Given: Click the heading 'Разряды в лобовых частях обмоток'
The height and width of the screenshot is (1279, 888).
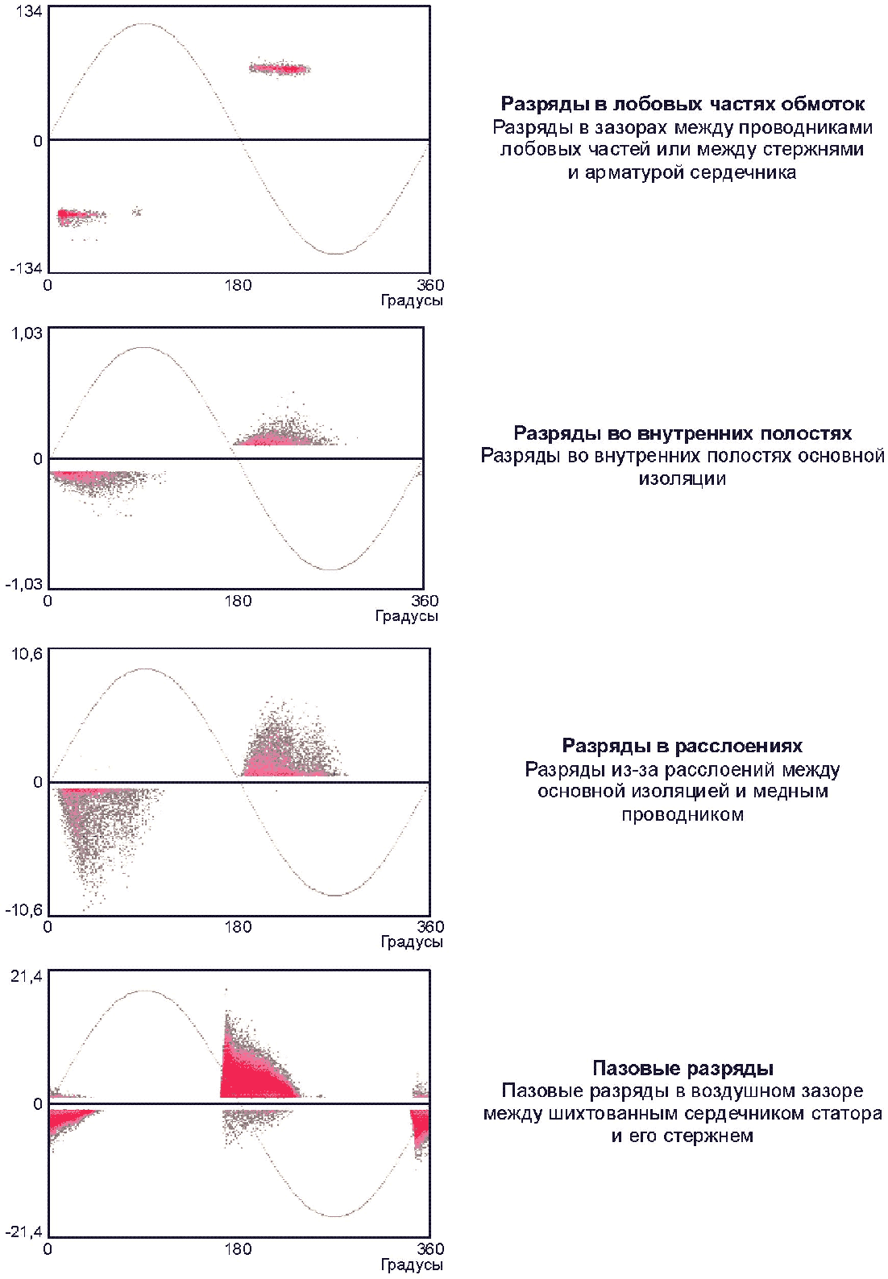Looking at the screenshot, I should tap(683, 104).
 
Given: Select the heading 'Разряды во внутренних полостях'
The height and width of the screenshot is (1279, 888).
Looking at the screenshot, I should tap(683, 434).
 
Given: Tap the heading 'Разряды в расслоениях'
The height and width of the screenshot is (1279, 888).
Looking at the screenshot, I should tap(683, 746).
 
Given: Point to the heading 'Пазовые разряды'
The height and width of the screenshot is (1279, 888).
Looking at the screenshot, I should tap(683, 1069).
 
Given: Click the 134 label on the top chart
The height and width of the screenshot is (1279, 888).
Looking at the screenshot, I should tap(29, 12).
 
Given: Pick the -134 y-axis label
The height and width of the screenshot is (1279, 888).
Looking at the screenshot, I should tap(26, 268).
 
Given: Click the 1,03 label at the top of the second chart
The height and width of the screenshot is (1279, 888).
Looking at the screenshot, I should tap(27, 333).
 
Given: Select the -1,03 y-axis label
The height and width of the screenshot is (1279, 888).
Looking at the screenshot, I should tap(23, 584).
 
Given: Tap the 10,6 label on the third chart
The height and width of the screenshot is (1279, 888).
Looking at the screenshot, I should tap(27, 653).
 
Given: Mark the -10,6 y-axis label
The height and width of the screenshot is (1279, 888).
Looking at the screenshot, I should tap(23, 910).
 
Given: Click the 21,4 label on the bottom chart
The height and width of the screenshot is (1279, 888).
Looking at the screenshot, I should tap(27, 976).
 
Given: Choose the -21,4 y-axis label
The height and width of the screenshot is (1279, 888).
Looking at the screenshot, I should tap(23, 1232).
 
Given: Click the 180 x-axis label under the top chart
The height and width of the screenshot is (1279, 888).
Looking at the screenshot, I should tap(238, 285).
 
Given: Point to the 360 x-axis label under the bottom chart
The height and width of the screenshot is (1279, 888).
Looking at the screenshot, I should tap(430, 1249).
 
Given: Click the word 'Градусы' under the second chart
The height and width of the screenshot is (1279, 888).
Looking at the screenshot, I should tap(407, 616).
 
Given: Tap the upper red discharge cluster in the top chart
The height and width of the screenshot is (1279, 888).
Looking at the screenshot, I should tap(280, 68).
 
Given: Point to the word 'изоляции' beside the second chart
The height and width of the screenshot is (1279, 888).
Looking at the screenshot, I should tap(683, 479).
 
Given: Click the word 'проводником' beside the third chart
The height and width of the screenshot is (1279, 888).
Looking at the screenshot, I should tap(683, 814).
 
